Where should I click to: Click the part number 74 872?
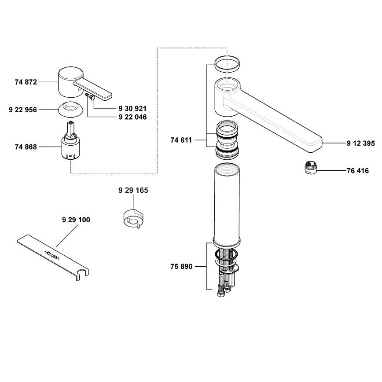point(26,82)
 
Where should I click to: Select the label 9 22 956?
point(23,110)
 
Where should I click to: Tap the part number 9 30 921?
point(132,108)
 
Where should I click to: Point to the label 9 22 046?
point(132,117)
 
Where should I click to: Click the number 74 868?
point(26,147)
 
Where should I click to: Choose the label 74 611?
point(181,140)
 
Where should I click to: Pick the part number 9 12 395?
point(361,143)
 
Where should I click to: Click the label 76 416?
point(358,171)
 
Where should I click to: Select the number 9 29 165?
point(133,190)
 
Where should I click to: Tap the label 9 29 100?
point(76,220)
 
